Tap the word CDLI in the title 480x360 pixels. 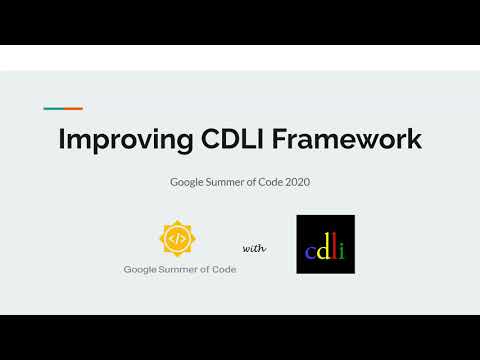point(227,139)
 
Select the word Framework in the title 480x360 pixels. point(345,139)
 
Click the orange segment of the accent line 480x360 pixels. point(73,108)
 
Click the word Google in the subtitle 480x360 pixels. point(188,183)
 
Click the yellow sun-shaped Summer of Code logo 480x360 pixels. point(177,239)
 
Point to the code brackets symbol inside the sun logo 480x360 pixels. point(177,239)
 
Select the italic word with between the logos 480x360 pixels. point(254,248)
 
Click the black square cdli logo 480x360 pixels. point(325,244)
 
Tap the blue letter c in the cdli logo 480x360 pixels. point(309,250)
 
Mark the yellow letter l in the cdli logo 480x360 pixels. point(333,246)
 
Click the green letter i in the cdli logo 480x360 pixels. point(341,248)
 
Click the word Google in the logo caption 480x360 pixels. point(141,269)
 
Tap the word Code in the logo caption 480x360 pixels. point(225,269)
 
